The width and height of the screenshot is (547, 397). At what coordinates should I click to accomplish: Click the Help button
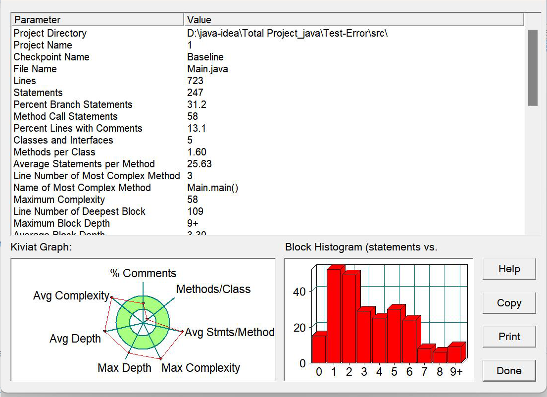tap(509, 269)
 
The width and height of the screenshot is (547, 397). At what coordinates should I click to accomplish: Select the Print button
tap(509, 337)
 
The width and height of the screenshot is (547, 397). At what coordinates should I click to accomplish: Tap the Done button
tap(509, 371)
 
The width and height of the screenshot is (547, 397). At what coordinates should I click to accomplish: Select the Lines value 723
tap(195, 81)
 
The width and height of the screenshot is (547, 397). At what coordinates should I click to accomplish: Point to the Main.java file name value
tap(207, 69)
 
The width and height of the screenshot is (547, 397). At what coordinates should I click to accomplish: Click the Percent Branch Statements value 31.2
tap(197, 104)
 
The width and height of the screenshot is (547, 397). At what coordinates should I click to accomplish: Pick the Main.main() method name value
tap(213, 188)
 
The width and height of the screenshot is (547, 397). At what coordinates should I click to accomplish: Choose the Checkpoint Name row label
tap(51, 57)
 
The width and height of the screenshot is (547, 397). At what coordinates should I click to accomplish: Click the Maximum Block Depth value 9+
tap(193, 223)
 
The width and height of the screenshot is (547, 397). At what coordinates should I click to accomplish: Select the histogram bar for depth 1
tap(333, 317)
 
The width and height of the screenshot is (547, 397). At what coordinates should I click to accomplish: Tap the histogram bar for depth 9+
tap(454, 354)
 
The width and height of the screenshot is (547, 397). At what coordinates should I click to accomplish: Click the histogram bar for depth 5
tap(394, 337)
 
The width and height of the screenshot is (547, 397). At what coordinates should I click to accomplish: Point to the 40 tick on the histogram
tap(299, 292)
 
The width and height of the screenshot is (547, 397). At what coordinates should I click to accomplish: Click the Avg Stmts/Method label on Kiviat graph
tap(230, 332)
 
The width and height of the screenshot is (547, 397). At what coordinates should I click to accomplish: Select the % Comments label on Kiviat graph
tap(143, 273)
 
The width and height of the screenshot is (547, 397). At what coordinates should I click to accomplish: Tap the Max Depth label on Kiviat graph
tap(124, 368)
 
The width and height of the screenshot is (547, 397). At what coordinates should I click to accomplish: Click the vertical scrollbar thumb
tap(533, 68)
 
